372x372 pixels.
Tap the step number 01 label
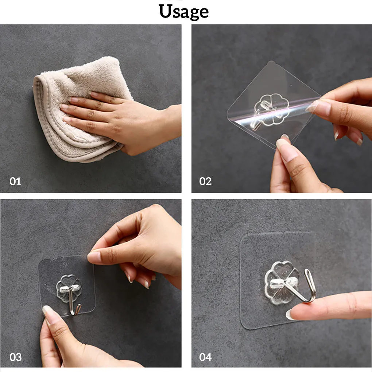[15, 181]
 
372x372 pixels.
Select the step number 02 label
[205, 181]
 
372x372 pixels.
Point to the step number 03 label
[15, 357]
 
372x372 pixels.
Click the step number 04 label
[205, 357]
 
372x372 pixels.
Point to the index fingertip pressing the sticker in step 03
[94, 257]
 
